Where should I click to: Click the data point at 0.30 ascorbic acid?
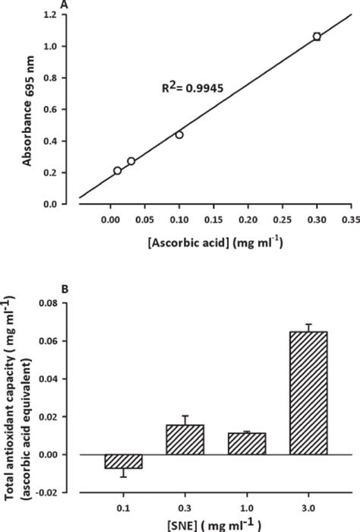tap(317, 36)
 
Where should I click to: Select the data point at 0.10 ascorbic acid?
tap(179, 135)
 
